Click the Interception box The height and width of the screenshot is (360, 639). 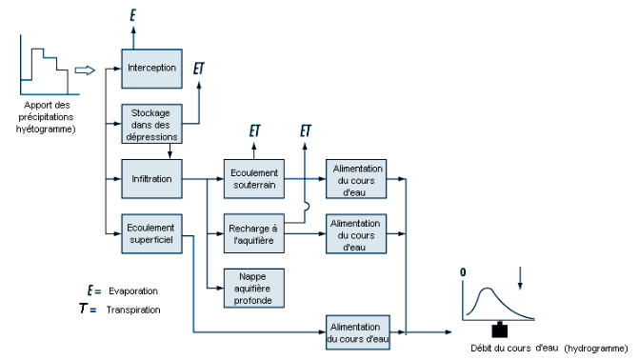[151, 69]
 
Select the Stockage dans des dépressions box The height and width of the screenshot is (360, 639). [151, 124]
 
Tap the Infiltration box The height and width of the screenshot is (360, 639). [151, 179]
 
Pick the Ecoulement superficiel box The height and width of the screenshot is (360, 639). [151, 233]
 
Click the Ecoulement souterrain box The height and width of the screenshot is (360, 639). [254, 179]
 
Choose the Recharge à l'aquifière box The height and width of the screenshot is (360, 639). [254, 233]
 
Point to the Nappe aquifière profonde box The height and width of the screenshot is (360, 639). [254, 289]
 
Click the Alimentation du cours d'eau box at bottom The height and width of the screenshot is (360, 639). [358, 332]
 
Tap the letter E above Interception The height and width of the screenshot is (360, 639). [133, 15]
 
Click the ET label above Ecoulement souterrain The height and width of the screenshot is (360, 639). [254, 130]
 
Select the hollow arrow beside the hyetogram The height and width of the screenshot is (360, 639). [85, 70]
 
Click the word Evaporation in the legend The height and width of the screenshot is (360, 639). [133, 291]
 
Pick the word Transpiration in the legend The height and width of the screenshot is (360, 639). [133, 310]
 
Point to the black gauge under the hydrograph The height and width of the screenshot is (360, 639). [500, 330]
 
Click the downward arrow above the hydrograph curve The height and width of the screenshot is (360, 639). [520, 278]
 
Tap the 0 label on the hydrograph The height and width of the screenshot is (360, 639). [463, 272]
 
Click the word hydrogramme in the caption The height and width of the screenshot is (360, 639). [596, 349]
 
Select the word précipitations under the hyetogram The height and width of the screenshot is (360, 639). [46, 117]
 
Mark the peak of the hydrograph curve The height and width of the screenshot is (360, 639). [487, 289]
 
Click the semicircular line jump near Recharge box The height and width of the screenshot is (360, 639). [307, 207]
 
